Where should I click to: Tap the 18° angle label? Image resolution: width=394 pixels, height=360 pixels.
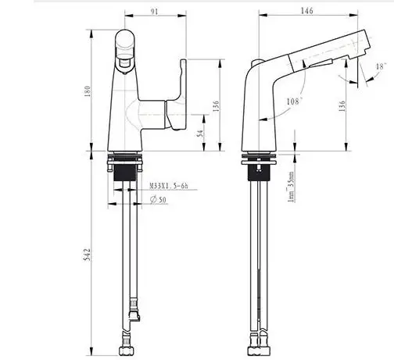pyautogui.click(x=380, y=69)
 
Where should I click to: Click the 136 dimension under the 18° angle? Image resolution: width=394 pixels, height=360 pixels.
pyautogui.click(x=342, y=105)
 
